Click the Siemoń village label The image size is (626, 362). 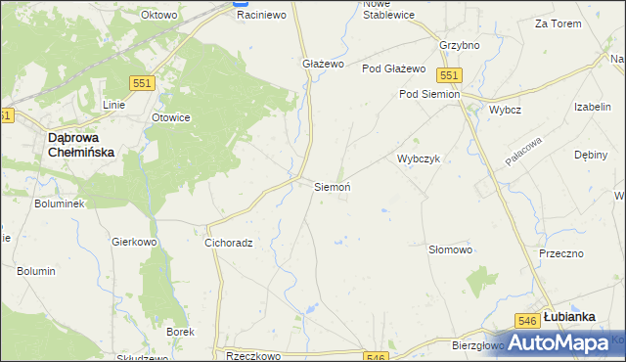point(332,186)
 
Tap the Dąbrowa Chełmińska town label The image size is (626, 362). point(81,146)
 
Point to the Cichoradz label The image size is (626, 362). point(229,243)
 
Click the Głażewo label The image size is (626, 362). point(324,64)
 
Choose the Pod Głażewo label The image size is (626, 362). point(393,68)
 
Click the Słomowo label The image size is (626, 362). point(451,249)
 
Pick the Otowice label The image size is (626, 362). point(170,117)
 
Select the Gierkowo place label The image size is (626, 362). point(135,241)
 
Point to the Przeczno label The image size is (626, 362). point(561,253)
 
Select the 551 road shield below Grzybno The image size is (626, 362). point(449,75)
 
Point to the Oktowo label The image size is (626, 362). point(158,16)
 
